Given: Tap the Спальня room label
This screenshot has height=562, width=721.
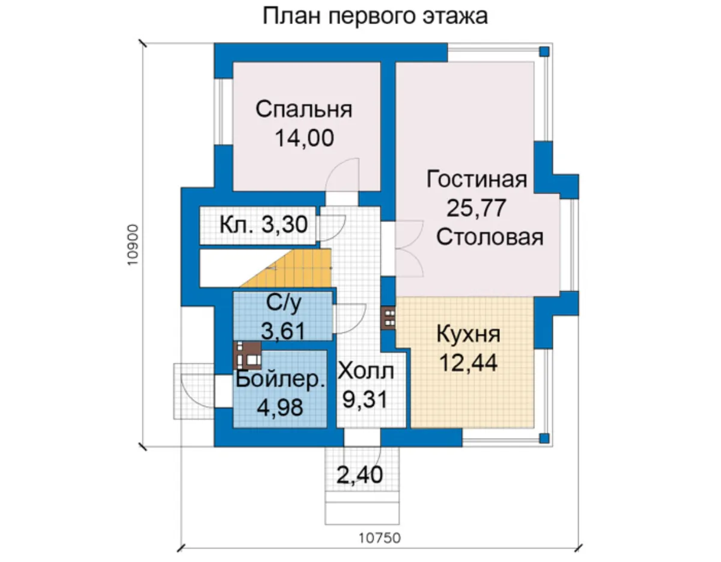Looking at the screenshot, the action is [x=303, y=110].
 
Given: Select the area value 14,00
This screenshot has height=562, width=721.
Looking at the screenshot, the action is [x=304, y=138].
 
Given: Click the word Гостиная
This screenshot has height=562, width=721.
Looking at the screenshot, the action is [x=476, y=179].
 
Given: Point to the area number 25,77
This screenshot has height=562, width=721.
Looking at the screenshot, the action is [x=476, y=208].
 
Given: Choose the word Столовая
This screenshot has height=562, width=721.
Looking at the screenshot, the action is [x=490, y=237].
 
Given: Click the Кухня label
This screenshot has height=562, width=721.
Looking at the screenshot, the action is [x=468, y=335].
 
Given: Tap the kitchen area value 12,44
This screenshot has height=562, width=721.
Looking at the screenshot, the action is [x=468, y=363].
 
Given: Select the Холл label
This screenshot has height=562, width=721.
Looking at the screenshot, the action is [x=366, y=371].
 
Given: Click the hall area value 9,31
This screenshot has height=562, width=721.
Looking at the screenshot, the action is [x=365, y=400].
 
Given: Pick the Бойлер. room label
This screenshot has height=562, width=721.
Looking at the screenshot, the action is [x=280, y=379].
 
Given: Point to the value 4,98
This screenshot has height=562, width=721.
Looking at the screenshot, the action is [x=280, y=407].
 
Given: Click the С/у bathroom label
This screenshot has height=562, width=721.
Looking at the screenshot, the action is [x=284, y=303].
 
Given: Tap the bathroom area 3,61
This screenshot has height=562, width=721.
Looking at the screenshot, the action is [x=283, y=331].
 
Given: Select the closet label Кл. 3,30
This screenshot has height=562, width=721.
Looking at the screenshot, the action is [x=264, y=225].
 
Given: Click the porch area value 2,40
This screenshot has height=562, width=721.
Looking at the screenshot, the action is [x=360, y=475].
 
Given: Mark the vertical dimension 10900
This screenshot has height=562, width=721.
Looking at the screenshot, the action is [x=132, y=245].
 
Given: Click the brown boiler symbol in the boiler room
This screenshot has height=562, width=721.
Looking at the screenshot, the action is [x=248, y=356].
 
